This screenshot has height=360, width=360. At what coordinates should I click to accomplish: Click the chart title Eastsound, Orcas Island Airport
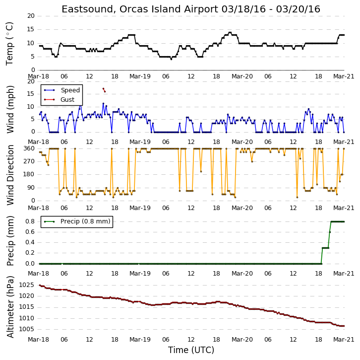click(140, 9)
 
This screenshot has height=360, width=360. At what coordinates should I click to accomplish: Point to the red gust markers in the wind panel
click(104, 90)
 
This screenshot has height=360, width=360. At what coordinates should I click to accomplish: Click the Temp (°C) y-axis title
click(9, 44)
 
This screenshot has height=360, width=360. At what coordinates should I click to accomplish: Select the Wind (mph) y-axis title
click(10, 109)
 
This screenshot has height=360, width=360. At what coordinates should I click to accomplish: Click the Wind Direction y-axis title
click(10, 175)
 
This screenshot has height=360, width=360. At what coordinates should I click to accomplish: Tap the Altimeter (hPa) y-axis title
click(10, 307)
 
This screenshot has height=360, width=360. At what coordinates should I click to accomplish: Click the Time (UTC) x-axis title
click(191, 350)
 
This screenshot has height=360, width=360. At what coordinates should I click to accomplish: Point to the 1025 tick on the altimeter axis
click(27, 286)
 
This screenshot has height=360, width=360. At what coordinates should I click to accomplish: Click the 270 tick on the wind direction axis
click(29, 161)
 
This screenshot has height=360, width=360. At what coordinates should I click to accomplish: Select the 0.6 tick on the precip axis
click(30, 232)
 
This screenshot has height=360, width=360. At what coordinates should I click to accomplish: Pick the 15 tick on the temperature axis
click(31, 29)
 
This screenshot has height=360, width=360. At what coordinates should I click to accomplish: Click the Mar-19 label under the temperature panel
click(140, 76)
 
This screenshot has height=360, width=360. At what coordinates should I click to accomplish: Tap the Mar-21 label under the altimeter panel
click(344, 340)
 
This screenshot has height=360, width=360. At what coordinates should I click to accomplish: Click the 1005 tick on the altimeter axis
click(27, 329)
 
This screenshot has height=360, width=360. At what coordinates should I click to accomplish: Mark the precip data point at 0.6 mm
click(330, 232)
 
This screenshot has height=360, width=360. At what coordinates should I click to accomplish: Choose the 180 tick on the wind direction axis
click(29, 174)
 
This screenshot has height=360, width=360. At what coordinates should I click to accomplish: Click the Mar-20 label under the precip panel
click(242, 274)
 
